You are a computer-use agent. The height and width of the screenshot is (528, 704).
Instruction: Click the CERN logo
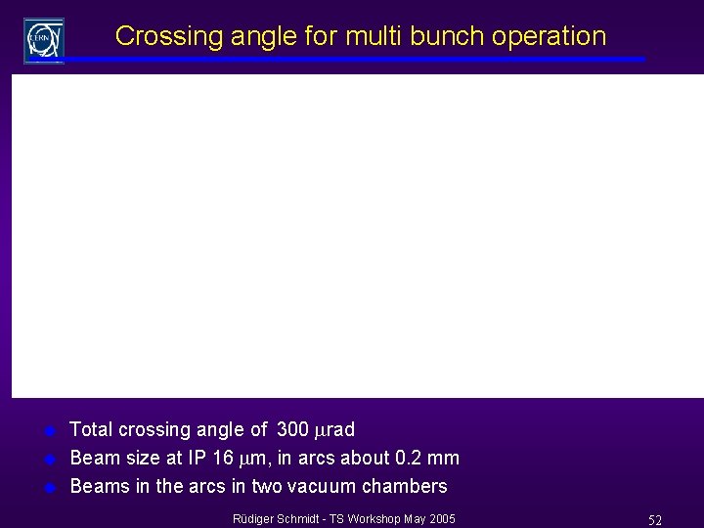click(x=44, y=39)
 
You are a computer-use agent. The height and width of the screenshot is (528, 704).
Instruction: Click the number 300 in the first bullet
click(x=292, y=429)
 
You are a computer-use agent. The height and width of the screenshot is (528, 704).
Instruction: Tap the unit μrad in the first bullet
click(x=333, y=429)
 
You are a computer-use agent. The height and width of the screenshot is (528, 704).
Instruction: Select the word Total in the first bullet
click(x=92, y=429)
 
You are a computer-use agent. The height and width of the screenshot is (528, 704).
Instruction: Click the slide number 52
click(x=654, y=520)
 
